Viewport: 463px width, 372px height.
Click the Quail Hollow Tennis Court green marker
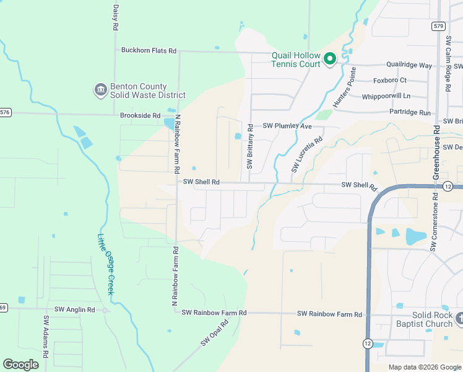[330, 59]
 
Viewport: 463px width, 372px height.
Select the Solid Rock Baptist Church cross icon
[459, 319]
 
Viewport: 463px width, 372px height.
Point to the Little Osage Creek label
[106, 263]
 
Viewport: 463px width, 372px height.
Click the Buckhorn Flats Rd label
[149, 50]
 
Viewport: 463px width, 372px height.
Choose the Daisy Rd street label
[115, 19]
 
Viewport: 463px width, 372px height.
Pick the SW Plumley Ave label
[287, 126]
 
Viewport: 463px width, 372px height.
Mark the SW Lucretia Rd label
[307, 154]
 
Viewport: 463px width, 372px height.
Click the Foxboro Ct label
[389, 80]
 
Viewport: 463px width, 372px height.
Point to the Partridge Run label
[410, 112]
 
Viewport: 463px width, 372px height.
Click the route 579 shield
[438, 26]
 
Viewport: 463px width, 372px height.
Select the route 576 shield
[5, 112]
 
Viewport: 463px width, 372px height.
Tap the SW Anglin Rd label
[74, 309]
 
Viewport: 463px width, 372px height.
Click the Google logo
[20, 365]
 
